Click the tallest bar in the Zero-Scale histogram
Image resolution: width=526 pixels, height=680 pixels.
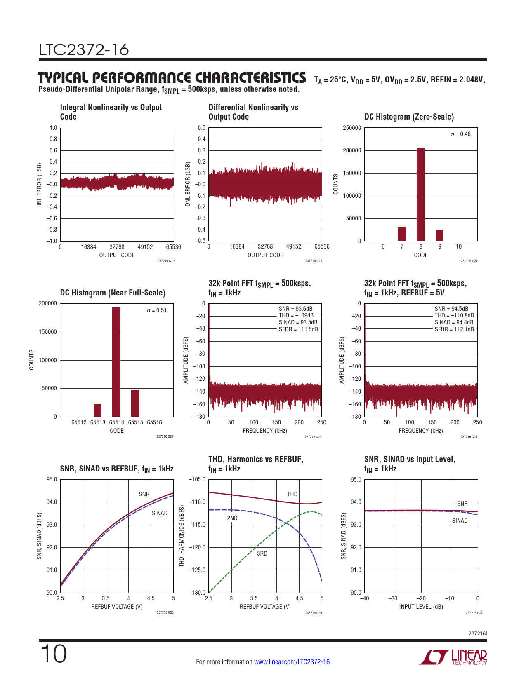[x=420, y=194]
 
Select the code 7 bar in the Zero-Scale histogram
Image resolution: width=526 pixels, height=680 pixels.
[x=402, y=234]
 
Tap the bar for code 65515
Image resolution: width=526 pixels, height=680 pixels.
[x=135, y=403]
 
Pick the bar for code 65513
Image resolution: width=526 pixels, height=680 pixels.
[x=97, y=410]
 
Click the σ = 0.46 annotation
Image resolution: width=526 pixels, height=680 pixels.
[x=460, y=134]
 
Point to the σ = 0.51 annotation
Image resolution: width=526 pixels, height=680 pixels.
[x=157, y=310]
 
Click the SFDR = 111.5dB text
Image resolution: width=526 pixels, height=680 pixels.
[x=298, y=329]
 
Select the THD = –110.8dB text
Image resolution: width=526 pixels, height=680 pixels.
[x=454, y=315]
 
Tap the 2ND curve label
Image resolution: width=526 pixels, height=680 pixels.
[x=232, y=518]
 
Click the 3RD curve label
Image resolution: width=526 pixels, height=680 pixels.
[x=262, y=553]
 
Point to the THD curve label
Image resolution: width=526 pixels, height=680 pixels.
[x=292, y=494]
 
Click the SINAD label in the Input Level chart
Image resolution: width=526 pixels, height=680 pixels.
[x=460, y=521]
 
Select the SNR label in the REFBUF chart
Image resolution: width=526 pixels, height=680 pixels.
[x=144, y=494]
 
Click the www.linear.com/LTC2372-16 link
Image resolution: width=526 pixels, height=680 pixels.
[x=292, y=662]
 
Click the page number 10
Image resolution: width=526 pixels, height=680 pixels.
[x=53, y=654]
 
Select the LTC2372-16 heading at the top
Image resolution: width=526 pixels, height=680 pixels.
[x=84, y=50]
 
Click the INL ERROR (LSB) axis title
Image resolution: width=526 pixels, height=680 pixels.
[x=40, y=184]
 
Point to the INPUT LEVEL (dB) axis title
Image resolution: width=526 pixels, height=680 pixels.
[x=421, y=607]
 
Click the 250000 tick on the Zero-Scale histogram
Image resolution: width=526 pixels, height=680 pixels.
[x=352, y=128]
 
